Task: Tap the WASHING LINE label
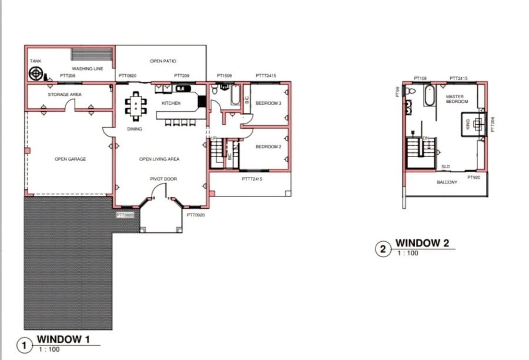pyautogui.click(x=88, y=69)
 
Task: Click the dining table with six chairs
pyautogui.click(x=136, y=106)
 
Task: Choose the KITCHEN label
pyautogui.click(x=171, y=104)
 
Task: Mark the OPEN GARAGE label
pyautogui.click(x=70, y=159)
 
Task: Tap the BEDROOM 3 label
pyautogui.click(x=268, y=104)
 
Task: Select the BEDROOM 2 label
pyautogui.click(x=268, y=147)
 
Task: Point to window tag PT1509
pyautogui.click(x=224, y=76)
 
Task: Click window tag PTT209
pyautogui.click(x=182, y=76)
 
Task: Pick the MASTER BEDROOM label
pyautogui.click(x=456, y=99)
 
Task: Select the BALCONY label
pyautogui.click(x=447, y=182)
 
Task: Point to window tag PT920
pyautogui.click(x=474, y=177)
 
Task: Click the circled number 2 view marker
pyautogui.click(x=383, y=249)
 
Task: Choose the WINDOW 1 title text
pyautogui.click(x=63, y=339)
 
